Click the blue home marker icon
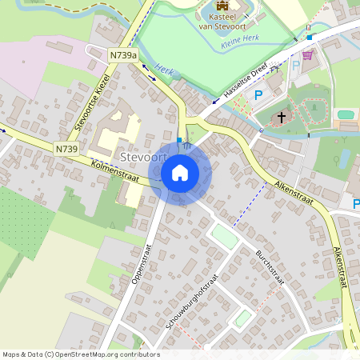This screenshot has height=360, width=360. tap(180, 173)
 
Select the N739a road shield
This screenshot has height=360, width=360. tap(123, 54)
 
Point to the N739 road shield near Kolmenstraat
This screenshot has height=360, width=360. tap(67, 149)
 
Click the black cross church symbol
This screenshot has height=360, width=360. tap(281, 118)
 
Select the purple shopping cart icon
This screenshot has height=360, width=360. tap(308, 54)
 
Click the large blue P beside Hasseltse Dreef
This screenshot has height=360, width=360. tap(258, 95)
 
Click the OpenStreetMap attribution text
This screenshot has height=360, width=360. tap(81, 354)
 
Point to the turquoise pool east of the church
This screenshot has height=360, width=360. tap(346, 114)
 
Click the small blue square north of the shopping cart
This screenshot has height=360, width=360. tap(309, 37)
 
